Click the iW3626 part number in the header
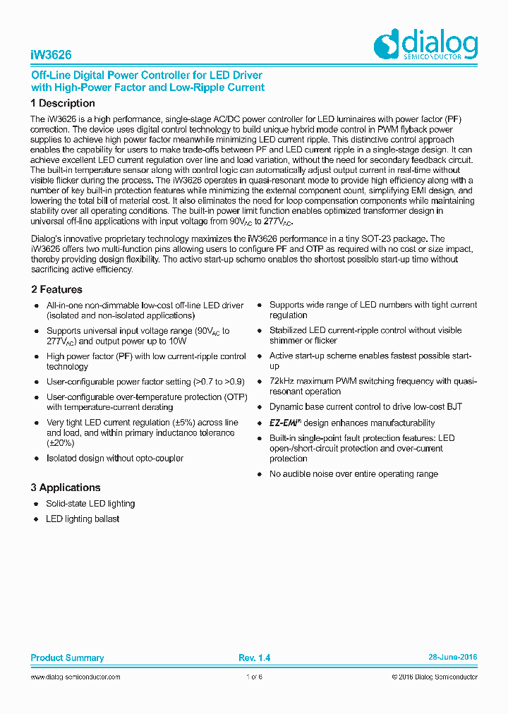coord(51,55)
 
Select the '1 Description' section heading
coord(63,104)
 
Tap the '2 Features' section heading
coord(56,289)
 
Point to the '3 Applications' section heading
coord(66,488)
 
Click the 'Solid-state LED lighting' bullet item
coord(90,504)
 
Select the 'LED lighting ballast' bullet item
coord(83,519)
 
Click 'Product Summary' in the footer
coord(67,658)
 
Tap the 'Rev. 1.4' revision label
coord(254,658)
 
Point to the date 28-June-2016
coord(452,657)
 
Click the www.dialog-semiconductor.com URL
coord(75,677)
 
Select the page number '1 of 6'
coord(254,677)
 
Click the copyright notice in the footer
coord(434,677)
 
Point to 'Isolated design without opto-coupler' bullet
coord(115,459)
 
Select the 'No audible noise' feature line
coord(353,474)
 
